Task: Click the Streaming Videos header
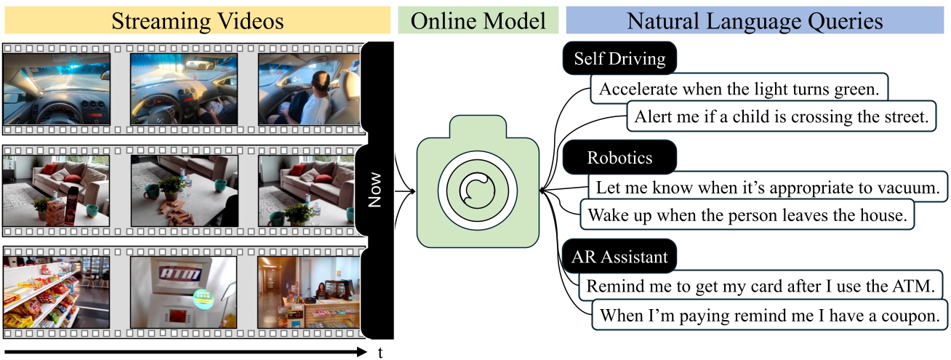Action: [197, 20]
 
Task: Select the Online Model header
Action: [478, 20]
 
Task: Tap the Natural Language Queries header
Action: [755, 20]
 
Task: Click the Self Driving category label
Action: [619, 59]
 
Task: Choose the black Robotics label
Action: [619, 158]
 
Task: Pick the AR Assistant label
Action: [619, 257]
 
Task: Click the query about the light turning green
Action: [739, 89]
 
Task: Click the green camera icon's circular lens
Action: [478, 193]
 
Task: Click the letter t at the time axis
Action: [380, 353]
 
